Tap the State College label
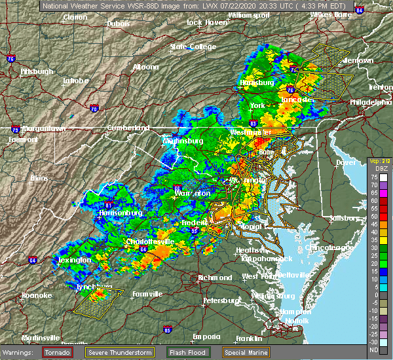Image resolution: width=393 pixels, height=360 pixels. click(187, 47)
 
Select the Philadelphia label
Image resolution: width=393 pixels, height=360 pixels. click(370, 103)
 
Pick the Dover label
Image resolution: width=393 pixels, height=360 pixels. click(345, 162)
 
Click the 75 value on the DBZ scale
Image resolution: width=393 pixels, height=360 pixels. click(382, 177)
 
